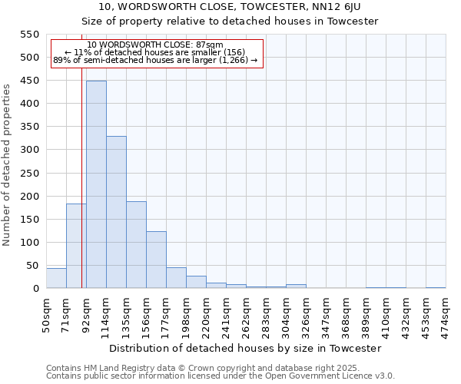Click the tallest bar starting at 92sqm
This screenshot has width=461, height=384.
(x=96, y=184)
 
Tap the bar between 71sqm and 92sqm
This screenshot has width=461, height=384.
(x=76, y=246)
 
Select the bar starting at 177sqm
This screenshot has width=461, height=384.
(x=176, y=278)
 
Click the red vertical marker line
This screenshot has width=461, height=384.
(x=81, y=177)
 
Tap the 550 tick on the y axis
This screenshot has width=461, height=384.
(x=29, y=35)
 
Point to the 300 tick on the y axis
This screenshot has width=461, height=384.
(x=29, y=150)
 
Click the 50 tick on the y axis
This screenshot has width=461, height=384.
(x=32, y=266)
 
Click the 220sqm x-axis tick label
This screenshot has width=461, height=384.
(x=206, y=315)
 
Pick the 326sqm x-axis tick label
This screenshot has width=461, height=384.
(x=306, y=315)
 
